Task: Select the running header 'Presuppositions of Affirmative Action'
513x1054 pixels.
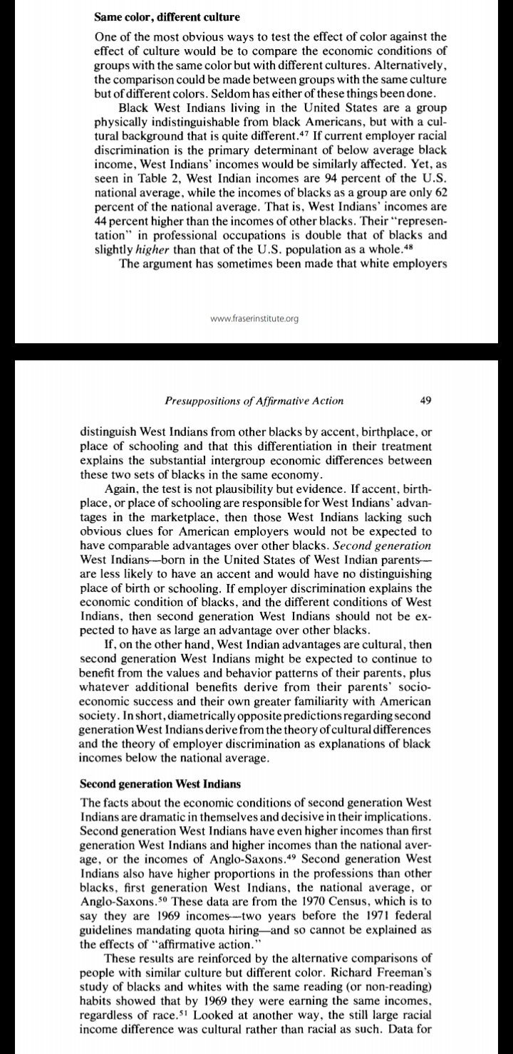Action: [254, 400]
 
